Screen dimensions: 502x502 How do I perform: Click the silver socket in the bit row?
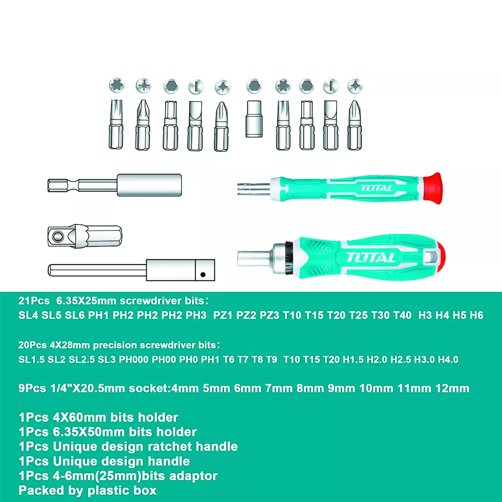point(254,119)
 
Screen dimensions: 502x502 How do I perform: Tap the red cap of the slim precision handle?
point(432,188)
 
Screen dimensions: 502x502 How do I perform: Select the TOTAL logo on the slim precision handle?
point(376,188)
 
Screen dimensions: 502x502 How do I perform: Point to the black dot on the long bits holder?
point(203,275)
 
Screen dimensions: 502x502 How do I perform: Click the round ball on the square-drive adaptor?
point(58,236)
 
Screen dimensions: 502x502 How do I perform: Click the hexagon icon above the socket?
point(254,86)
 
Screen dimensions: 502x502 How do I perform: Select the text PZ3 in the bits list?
point(269,315)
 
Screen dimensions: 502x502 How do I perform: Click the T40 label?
point(403,315)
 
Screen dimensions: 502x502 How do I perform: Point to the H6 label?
point(477,315)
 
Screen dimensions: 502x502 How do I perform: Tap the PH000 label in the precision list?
point(134,359)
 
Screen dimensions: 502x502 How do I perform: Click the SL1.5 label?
point(31,359)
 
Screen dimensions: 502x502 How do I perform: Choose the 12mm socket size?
point(452,389)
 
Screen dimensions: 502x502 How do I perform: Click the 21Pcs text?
point(34,301)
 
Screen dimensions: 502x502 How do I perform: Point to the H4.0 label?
point(448,359)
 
